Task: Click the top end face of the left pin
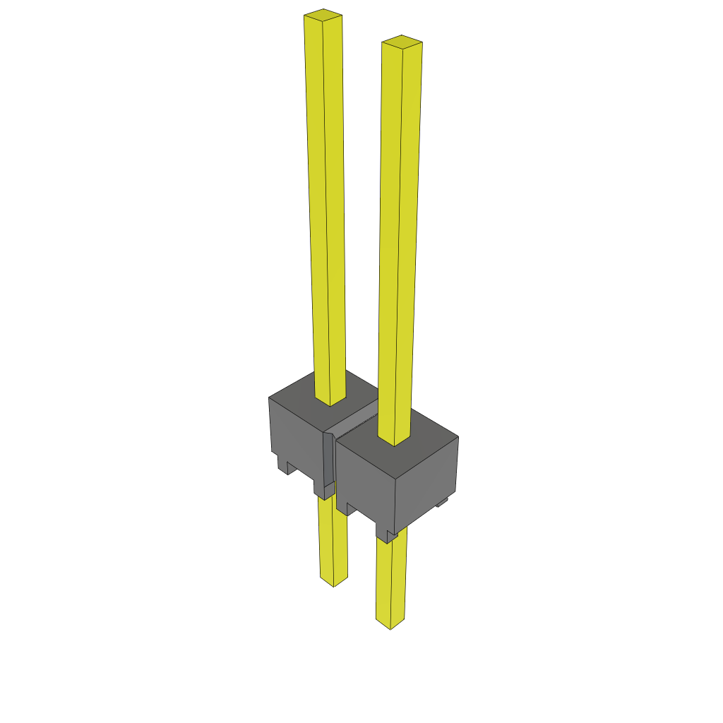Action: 323,13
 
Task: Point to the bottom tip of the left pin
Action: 333,582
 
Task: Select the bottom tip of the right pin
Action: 390,625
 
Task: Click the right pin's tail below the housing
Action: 390,579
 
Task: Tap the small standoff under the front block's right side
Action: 442,502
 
